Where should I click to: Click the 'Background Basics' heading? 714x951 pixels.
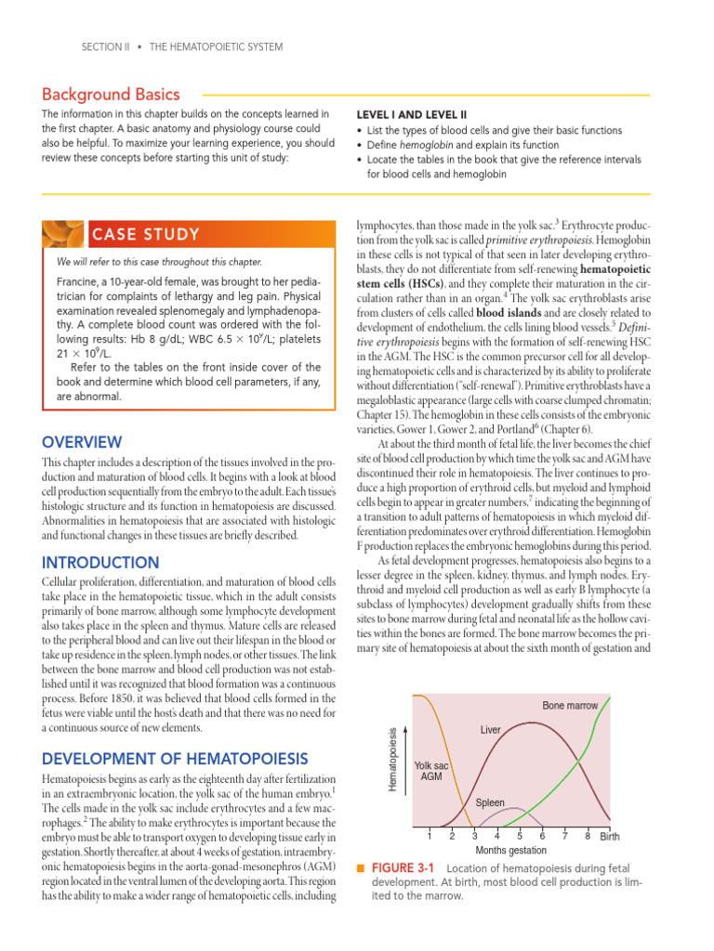pos(112,95)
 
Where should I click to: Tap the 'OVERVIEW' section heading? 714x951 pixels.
pos(82,442)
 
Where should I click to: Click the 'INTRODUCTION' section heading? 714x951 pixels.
pos(100,563)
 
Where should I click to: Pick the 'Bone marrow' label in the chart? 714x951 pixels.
pos(570,706)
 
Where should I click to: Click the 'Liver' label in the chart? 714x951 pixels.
pos(491,730)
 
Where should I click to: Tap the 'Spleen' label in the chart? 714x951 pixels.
pos(490,801)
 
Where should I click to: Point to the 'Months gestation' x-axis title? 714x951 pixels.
pos(510,849)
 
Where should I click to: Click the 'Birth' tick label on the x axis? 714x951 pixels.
pos(609,836)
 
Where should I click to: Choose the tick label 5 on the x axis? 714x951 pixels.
pos(520,835)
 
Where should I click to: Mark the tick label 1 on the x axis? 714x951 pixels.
pos(429,835)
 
